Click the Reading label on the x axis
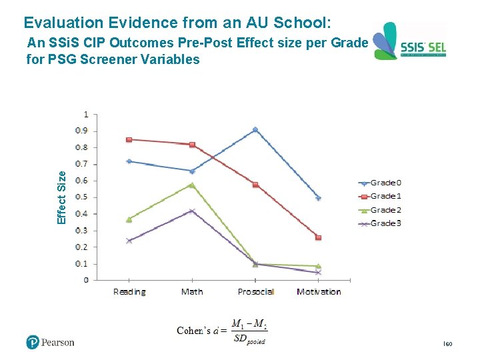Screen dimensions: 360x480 click(129, 292)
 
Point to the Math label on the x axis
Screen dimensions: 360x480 click(192, 292)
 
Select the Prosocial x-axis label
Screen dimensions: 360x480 click(255, 292)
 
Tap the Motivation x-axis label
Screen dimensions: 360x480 click(319, 292)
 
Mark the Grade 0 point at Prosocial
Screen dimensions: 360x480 click(255, 129)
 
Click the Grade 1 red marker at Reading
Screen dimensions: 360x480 click(129, 139)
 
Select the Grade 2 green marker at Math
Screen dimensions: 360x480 click(192, 185)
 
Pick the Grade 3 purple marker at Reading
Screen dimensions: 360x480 click(129, 241)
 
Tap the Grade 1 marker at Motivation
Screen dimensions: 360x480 click(319, 237)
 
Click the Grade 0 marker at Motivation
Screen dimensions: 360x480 click(319, 198)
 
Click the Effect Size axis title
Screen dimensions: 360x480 click(62, 197)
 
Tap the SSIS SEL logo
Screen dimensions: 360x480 click(409, 42)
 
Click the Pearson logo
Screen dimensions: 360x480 click(51, 343)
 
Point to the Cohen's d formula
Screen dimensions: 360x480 click(222, 331)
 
